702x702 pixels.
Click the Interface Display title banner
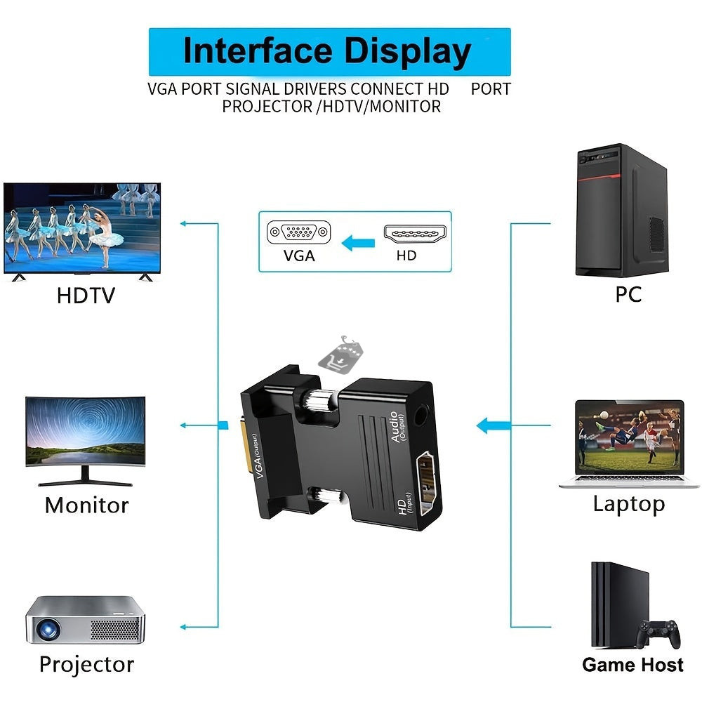pyautogui.click(x=329, y=52)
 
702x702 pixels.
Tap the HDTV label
pyautogui.click(x=85, y=296)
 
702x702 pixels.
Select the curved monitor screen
pyautogui.click(x=86, y=432)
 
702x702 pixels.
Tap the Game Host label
pyautogui.click(x=633, y=665)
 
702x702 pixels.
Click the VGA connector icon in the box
pyautogui.click(x=298, y=232)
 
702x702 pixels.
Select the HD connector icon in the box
pyautogui.click(x=414, y=234)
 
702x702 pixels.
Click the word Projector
pyautogui.click(x=86, y=664)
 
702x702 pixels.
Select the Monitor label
pyautogui.click(x=86, y=505)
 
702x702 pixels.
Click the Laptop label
pyautogui.click(x=628, y=503)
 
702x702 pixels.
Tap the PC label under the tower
pyautogui.click(x=628, y=294)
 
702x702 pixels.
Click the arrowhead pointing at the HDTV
pyautogui.click(x=184, y=224)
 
